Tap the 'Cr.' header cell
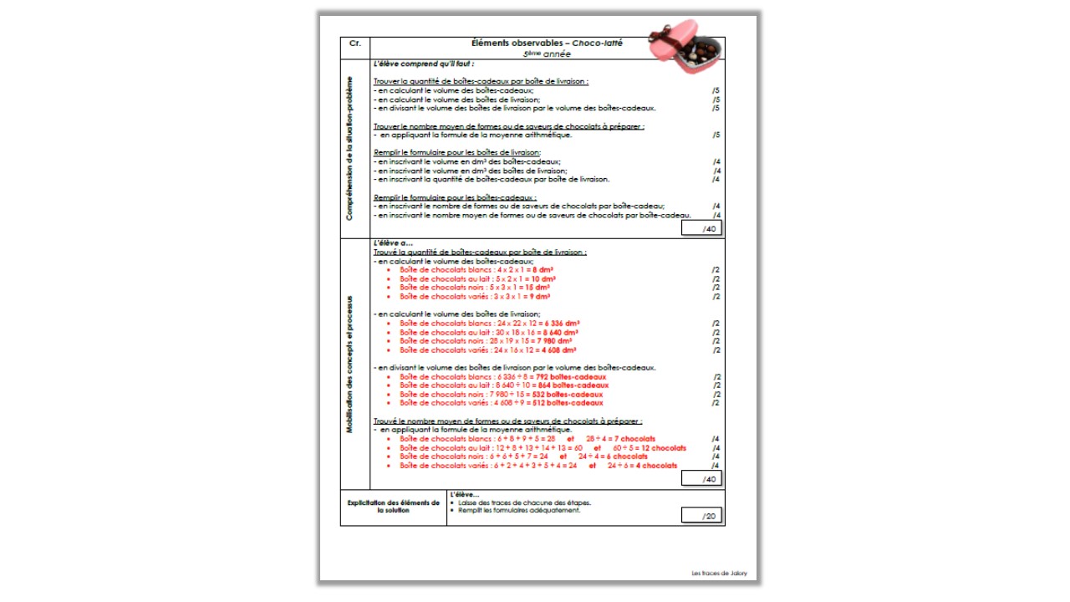point(354,43)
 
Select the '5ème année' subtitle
point(548,54)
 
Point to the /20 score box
point(701,516)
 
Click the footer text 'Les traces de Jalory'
point(720,573)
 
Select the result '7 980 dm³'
point(553,341)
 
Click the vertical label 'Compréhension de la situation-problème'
point(350,149)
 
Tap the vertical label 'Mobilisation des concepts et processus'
point(350,364)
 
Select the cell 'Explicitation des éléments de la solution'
point(393,507)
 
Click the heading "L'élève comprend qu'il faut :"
point(424,64)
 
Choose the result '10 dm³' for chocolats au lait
point(543,279)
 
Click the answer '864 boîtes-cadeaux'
point(575,385)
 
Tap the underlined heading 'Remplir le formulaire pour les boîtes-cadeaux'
point(455,197)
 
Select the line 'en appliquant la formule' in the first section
point(476,135)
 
